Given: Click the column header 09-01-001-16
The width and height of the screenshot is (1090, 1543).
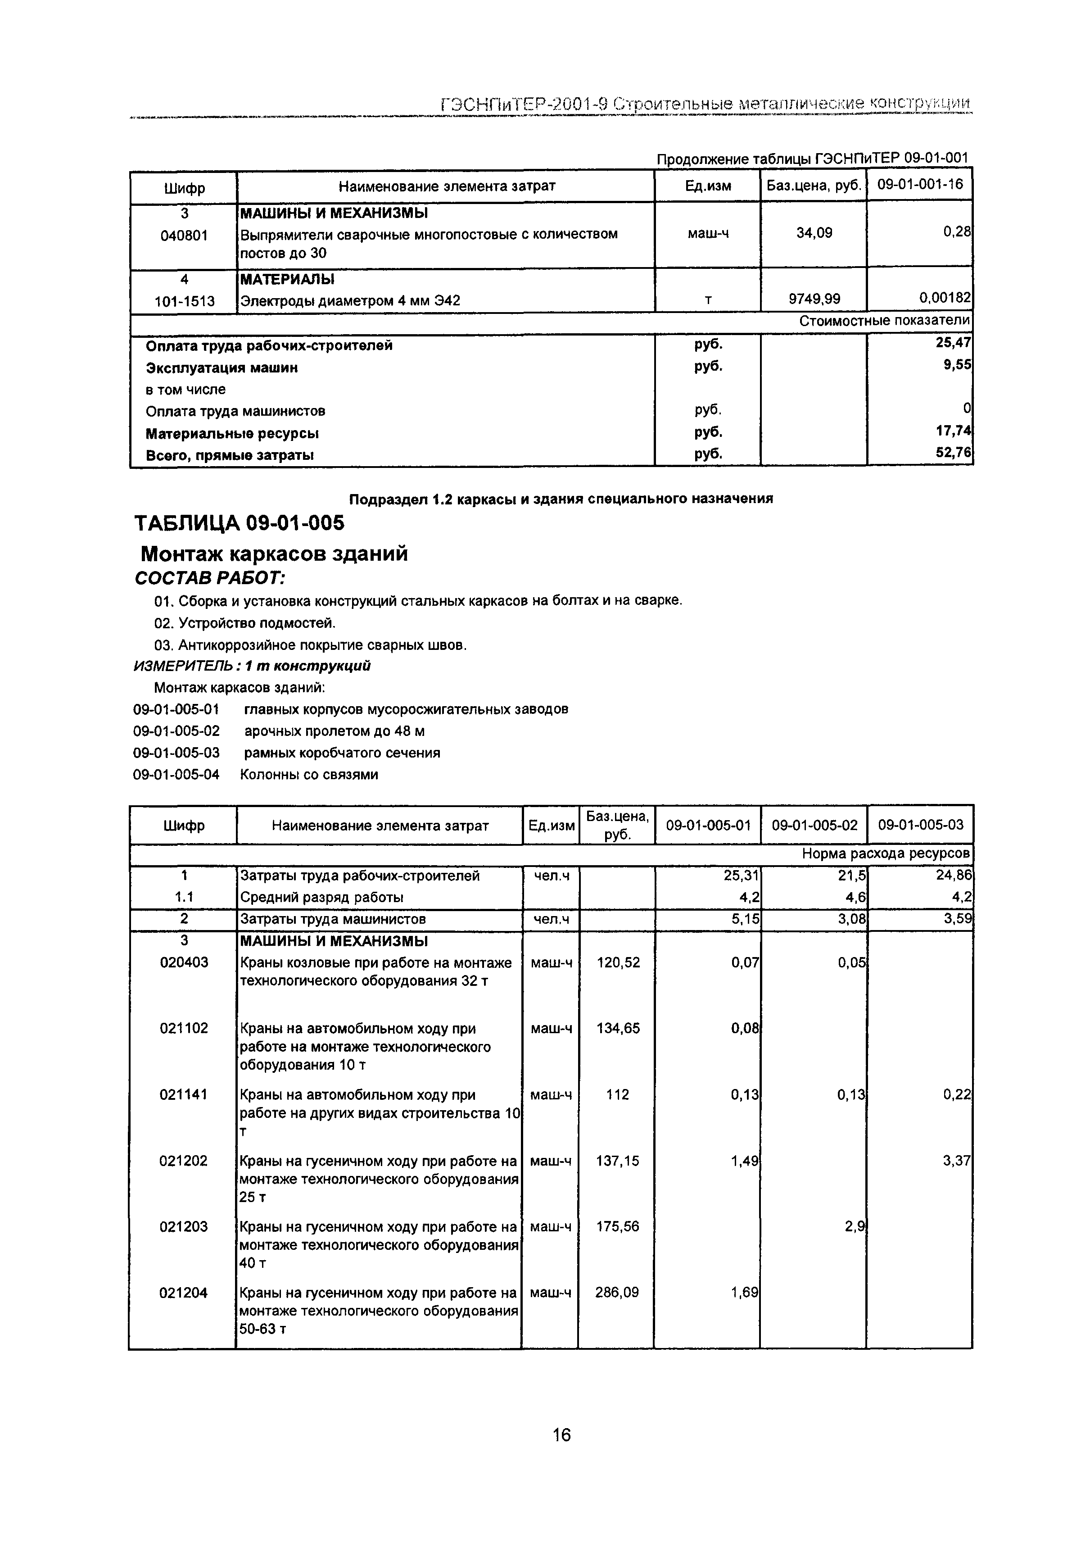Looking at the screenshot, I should [x=919, y=184].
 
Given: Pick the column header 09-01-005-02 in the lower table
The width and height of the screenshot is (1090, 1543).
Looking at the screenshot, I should [x=814, y=825].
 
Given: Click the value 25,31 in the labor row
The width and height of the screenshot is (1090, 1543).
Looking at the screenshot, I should [x=745, y=875].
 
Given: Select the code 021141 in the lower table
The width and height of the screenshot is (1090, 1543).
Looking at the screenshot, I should [x=183, y=1094].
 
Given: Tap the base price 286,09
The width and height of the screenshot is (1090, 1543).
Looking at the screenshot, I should [x=617, y=1292].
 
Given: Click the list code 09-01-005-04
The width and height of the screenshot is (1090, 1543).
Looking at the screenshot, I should [x=176, y=774].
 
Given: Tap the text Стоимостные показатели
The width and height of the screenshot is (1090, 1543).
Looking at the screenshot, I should [x=884, y=321].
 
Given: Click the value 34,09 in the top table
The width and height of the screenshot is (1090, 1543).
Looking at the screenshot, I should [x=814, y=233].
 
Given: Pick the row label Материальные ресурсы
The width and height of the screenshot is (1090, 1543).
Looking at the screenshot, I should [x=232, y=433].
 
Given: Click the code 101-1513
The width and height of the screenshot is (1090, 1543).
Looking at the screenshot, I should [x=184, y=301].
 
